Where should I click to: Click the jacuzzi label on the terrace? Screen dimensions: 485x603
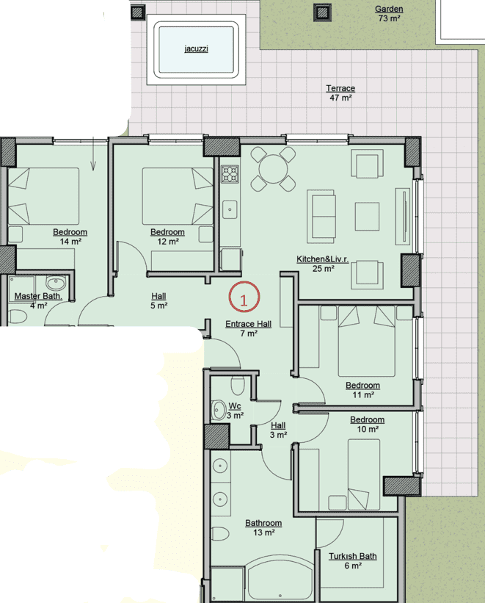click(x=196, y=48)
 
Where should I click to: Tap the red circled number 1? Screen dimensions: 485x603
click(x=244, y=297)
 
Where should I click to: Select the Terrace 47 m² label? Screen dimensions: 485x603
click(x=340, y=93)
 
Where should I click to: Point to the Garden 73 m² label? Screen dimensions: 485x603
click(x=389, y=13)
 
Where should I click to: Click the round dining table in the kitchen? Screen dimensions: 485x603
click(x=273, y=169)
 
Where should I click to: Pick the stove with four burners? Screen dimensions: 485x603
click(x=230, y=174)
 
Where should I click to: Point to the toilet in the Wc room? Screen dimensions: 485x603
click(x=238, y=386)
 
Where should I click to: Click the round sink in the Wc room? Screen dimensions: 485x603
click(x=219, y=411)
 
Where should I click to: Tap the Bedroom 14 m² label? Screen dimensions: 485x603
click(x=70, y=236)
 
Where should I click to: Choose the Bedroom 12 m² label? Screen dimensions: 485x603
click(x=167, y=236)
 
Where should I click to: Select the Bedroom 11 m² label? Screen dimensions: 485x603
click(x=362, y=390)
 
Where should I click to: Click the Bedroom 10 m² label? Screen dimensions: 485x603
click(x=368, y=425)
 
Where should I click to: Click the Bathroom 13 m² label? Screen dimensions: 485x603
click(x=263, y=527)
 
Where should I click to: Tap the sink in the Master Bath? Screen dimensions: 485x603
click(x=55, y=284)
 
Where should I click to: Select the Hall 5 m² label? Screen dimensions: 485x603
click(x=158, y=300)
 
